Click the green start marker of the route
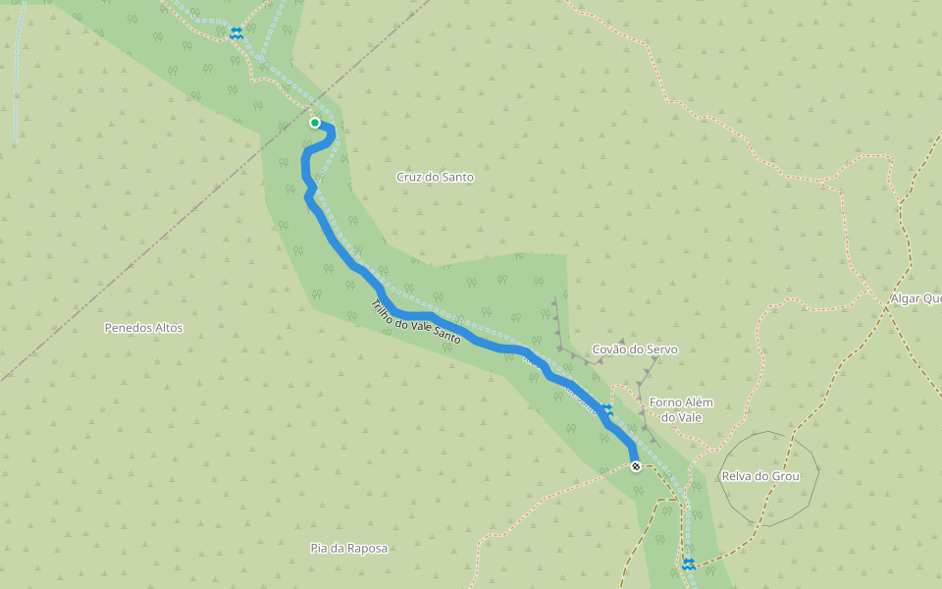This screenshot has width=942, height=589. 315,123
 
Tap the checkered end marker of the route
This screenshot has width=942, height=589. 636,466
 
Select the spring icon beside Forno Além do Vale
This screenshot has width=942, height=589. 607,408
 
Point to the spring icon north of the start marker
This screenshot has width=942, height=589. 235,32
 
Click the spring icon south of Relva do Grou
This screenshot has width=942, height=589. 689,563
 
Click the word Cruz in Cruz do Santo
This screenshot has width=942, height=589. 410,178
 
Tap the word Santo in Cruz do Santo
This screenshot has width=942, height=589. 457,178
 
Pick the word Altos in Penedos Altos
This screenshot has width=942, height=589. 168,328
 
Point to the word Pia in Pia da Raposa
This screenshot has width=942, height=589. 318,548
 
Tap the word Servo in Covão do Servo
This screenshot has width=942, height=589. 661,349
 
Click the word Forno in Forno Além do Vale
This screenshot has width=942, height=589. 667,402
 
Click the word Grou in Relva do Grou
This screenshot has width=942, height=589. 786,476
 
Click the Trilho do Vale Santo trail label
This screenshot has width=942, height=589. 416,321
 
